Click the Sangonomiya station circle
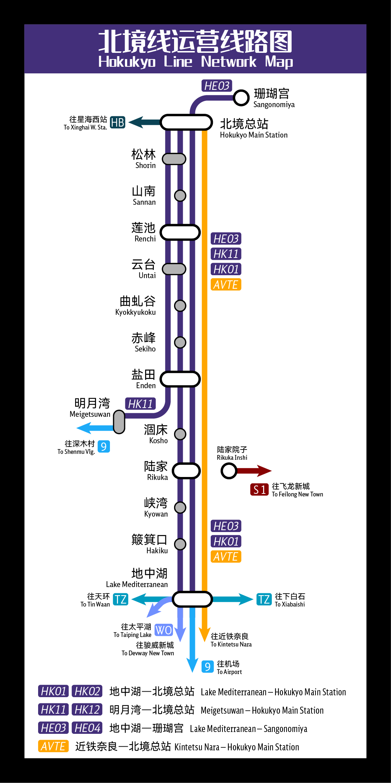pos(241,98)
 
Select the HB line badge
pos(118,122)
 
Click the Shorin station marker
pos(174,159)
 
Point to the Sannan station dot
pos(180,196)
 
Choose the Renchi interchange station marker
pos(180,232)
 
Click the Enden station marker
pos(180,379)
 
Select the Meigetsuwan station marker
pos(119,422)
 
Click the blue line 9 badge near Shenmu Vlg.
pos(104,447)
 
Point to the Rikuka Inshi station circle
pos(229,471)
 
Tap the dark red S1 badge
pos(259,489)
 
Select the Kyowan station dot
pos(180,507)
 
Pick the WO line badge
pos(163,630)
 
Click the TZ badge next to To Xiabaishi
pos(264,599)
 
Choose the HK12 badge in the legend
pos(87,710)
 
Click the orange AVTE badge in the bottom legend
pos(54,746)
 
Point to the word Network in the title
pos(229,62)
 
